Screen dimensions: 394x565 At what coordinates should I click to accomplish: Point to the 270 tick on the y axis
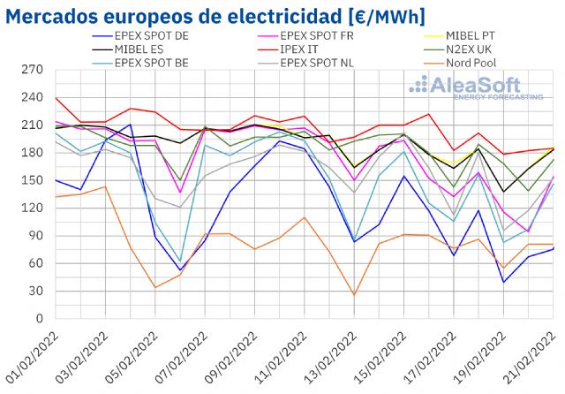click(34, 70)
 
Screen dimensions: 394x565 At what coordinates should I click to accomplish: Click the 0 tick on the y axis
click(40, 319)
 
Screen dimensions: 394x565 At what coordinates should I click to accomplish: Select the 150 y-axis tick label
click(34, 180)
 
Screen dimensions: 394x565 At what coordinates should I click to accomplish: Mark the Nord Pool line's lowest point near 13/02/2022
click(354, 295)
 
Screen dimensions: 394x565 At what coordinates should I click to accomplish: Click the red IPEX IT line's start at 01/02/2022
click(55, 98)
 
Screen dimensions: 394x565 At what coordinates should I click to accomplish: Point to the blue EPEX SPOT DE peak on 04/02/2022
click(130, 125)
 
